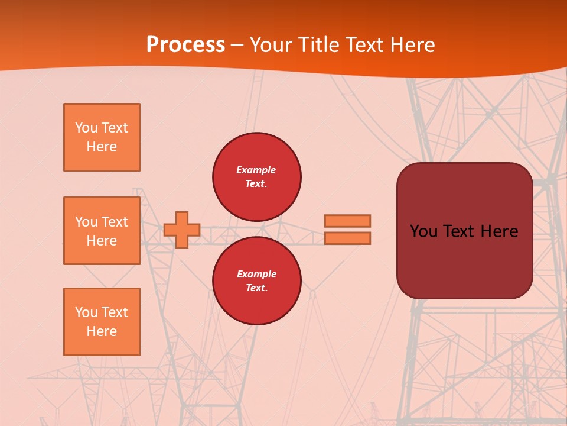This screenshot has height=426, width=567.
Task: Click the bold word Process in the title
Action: (x=185, y=44)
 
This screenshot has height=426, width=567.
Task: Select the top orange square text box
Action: (x=102, y=137)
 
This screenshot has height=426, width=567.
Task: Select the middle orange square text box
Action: (x=102, y=231)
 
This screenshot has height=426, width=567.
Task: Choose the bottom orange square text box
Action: (x=102, y=322)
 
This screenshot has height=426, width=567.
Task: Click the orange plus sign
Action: (x=182, y=230)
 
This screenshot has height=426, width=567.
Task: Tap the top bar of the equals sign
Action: (x=347, y=221)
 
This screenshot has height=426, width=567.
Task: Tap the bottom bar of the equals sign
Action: (x=347, y=238)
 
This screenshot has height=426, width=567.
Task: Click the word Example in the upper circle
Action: (x=256, y=170)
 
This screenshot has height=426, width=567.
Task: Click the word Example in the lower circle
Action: (x=256, y=274)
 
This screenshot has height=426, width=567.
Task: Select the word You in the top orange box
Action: (x=86, y=128)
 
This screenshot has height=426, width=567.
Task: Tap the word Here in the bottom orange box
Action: (x=102, y=331)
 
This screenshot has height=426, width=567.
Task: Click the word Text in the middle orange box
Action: (x=114, y=222)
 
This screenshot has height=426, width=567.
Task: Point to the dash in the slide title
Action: (x=237, y=44)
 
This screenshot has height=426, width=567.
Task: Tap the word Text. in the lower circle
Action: (x=256, y=288)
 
